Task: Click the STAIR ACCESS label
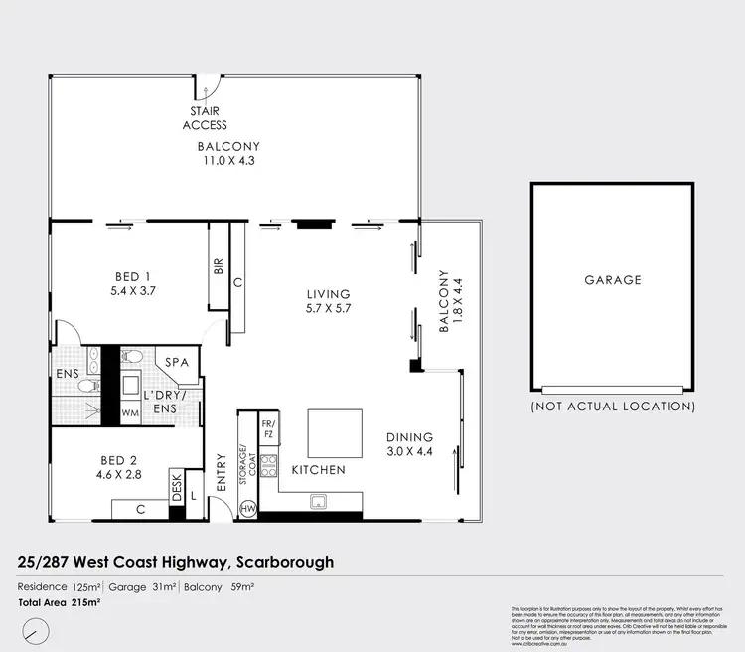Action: (205, 118)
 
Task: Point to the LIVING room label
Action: (328, 294)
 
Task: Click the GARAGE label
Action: (612, 280)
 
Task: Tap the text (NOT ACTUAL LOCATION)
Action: (612, 406)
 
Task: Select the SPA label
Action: (179, 363)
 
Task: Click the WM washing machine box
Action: (130, 412)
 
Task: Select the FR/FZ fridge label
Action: (267, 428)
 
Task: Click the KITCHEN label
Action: (318, 470)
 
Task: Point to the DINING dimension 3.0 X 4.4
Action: (409, 451)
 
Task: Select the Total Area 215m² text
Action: (60, 602)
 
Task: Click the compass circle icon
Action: (36, 630)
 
